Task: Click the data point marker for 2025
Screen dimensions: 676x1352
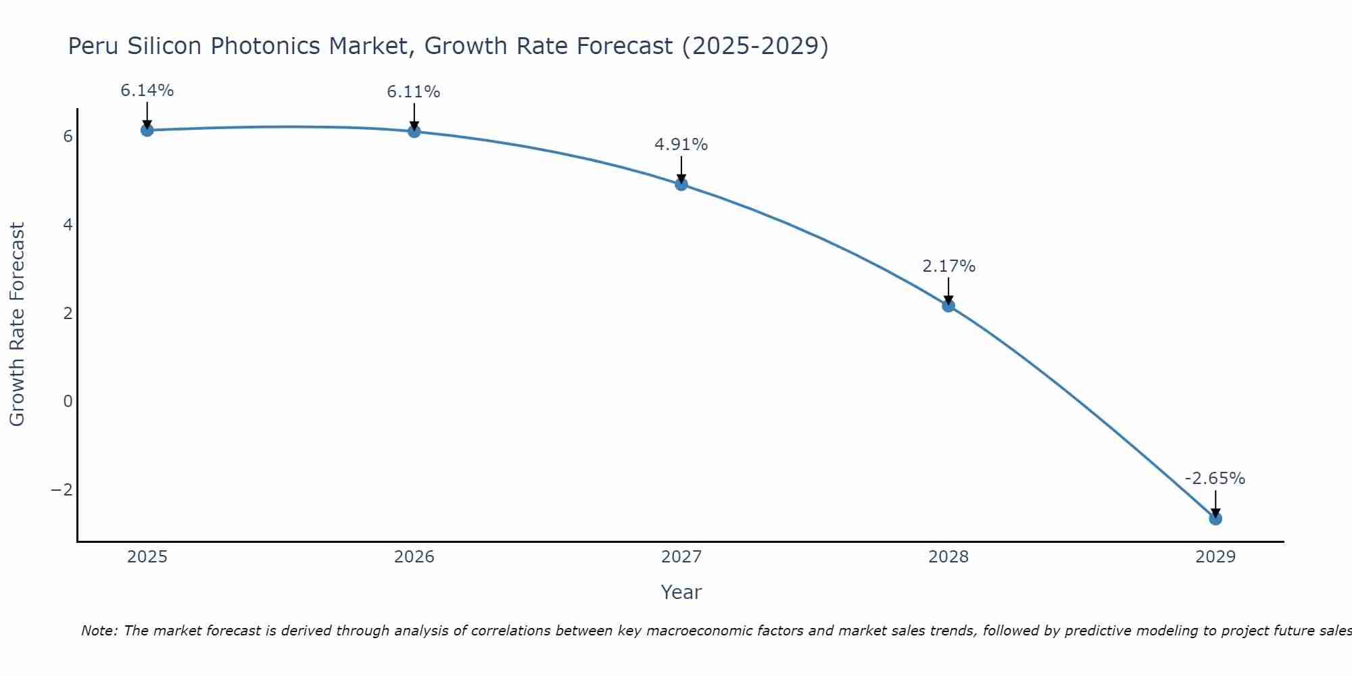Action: pyautogui.click(x=147, y=130)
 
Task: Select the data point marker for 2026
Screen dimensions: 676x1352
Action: pyautogui.click(x=414, y=131)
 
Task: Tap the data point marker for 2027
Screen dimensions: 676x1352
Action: pyautogui.click(x=681, y=184)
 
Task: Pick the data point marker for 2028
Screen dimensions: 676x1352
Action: pyautogui.click(x=948, y=306)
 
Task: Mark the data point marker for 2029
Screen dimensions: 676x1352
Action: pyautogui.click(x=1215, y=518)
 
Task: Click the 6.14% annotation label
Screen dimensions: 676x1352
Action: pyautogui.click(x=147, y=91)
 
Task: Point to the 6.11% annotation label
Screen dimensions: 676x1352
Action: pyautogui.click(x=414, y=92)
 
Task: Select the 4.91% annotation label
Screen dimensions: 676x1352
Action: pyautogui.click(x=681, y=145)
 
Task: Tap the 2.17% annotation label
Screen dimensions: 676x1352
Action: pyautogui.click(x=949, y=266)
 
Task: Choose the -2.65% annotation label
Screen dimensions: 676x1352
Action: pyautogui.click(x=1215, y=479)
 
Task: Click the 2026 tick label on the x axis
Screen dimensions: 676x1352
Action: pyautogui.click(x=414, y=557)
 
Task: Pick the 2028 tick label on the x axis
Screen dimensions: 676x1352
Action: pyautogui.click(x=948, y=557)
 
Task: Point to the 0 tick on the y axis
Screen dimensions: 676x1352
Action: pyautogui.click(x=68, y=402)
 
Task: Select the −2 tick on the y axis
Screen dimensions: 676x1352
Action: pyautogui.click(x=62, y=489)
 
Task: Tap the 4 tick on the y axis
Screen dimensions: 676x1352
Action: pyautogui.click(x=68, y=224)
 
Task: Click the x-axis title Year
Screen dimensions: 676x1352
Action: pyautogui.click(x=681, y=592)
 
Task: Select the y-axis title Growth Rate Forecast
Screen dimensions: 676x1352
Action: pyautogui.click(x=17, y=324)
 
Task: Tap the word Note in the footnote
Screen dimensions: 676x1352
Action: pyautogui.click(x=99, y=631)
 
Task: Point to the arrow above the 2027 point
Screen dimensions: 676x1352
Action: pyautogui.click(x=681, y=170)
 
